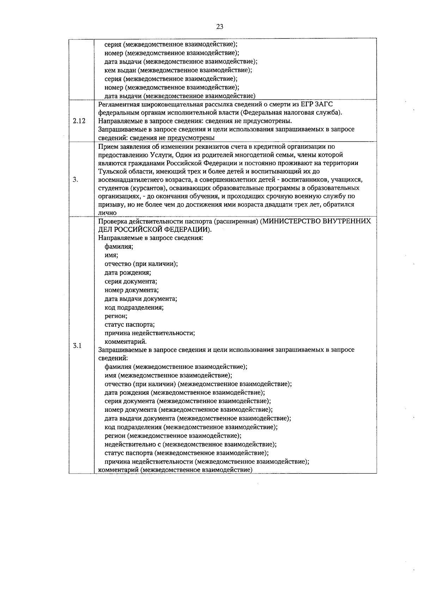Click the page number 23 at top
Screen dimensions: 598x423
(x=220, y=27)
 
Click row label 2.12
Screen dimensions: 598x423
(x=79, y=121)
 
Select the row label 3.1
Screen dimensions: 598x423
(x=77, y=346)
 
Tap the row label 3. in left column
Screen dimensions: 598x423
(x=75, y=179)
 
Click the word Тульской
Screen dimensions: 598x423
(x=110, y=171)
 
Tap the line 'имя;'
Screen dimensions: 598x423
(x=111, y=255)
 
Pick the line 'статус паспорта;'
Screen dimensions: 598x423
(x=129, y=324)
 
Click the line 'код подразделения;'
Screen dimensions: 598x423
(x=134, y=307)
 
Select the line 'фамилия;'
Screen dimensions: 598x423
(x=119, y=246)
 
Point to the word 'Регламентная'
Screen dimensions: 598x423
(x=116, y=104)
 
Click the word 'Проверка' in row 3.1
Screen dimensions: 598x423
(x=111, y=221)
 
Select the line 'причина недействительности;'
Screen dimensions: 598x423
(x=149, y=333)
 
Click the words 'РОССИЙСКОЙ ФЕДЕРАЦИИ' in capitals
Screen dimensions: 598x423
(x=163, y=229)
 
